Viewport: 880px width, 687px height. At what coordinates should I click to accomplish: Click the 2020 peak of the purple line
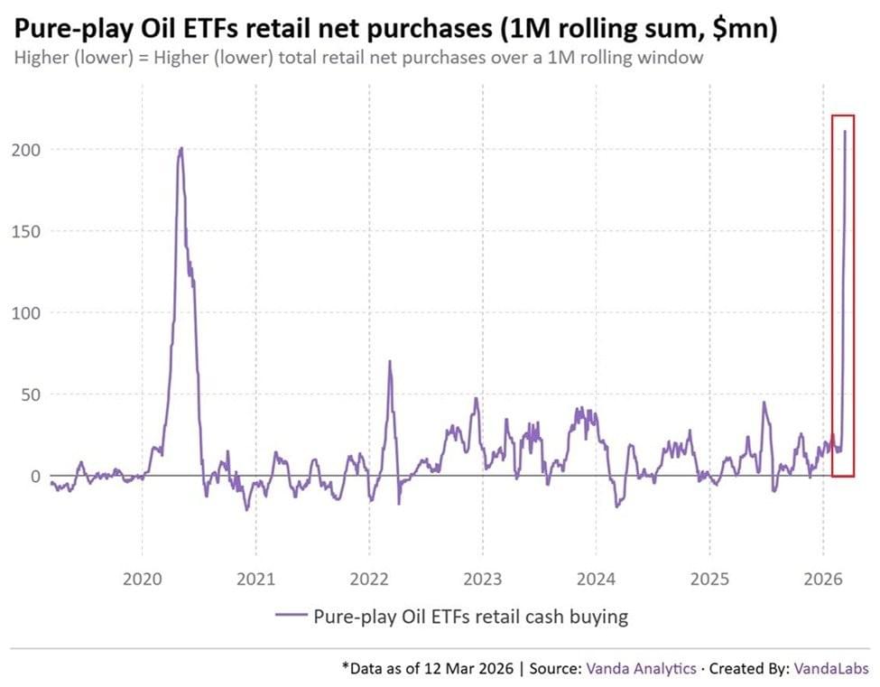[x=181, y=148]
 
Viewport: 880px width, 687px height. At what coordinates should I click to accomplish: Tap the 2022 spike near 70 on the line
[x=390, y=362]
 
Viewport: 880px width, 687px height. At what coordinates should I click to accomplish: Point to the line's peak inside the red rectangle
[x=845, y=132]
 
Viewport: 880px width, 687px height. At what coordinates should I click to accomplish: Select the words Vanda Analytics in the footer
[x=641, y=669]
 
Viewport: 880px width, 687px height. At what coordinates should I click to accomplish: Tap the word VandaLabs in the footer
[x=831, y=669]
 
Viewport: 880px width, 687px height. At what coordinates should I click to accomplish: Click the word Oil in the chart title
[x=160, y=29]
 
